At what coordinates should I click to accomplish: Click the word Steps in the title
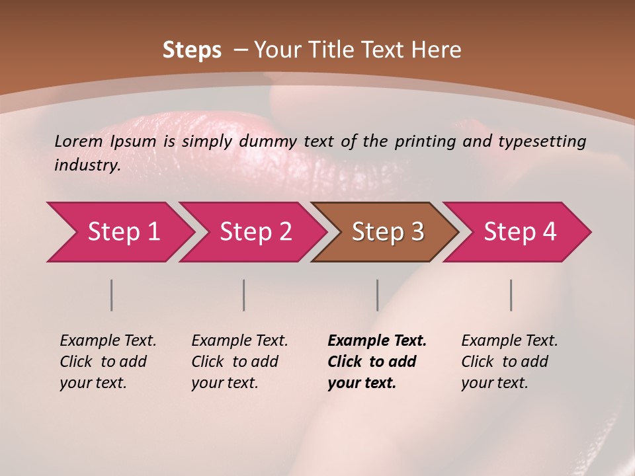click(192, 50)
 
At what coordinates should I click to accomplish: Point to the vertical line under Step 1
click(112, 295)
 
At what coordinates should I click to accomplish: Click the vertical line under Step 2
click(244, 295)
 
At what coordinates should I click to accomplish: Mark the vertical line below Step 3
click(377, 295)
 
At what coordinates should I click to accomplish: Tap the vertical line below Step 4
click(511, 295)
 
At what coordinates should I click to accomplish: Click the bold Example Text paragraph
click(377, 362)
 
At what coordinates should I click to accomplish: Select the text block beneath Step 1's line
click(108, 362)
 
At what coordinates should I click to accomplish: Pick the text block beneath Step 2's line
click(239, 362)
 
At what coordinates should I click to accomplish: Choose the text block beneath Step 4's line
click(509, 362)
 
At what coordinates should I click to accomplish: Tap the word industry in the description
click(87, 165)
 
